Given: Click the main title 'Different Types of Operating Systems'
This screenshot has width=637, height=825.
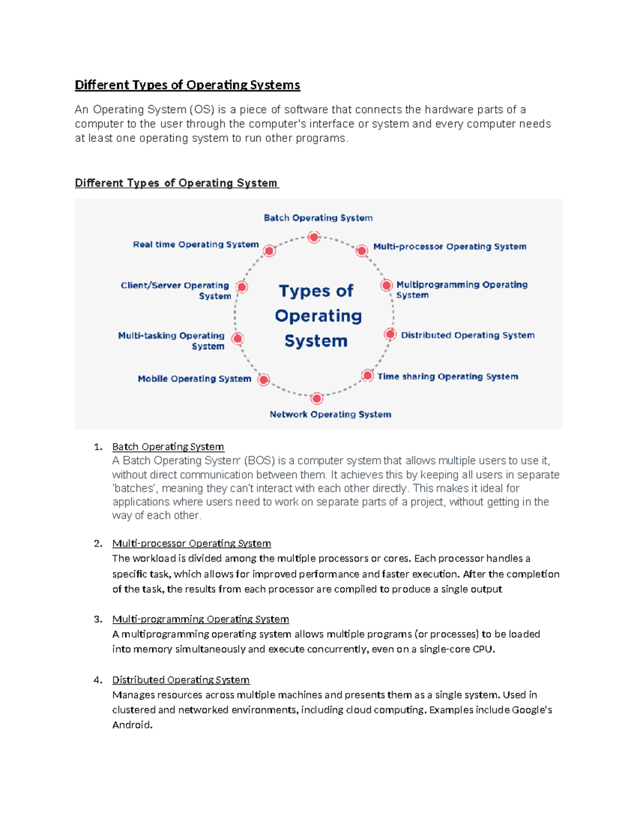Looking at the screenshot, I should click(187, 85).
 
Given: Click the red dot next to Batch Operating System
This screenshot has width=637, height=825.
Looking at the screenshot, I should click(314, 237).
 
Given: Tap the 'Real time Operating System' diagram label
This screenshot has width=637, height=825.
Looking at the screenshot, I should click(195, 244).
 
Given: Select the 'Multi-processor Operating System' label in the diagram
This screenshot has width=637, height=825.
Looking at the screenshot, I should click(450, 246).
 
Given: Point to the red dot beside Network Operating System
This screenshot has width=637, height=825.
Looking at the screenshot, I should click(317, 398).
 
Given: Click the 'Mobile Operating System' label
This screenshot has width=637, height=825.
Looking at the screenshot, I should click(194, 379).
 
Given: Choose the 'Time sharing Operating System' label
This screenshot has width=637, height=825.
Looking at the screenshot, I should click(447, 377).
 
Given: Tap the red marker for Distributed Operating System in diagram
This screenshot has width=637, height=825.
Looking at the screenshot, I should click(390, 334).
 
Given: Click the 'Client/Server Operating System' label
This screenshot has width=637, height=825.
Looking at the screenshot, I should click(176, 291).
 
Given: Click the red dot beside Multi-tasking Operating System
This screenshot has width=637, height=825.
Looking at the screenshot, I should click(238, 338).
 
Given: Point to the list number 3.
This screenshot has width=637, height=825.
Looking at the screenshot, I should click(98, 619).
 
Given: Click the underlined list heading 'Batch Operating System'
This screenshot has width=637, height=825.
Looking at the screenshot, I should click(168, 447).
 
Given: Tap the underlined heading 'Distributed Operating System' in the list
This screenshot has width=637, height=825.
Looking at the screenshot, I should click(180, 680).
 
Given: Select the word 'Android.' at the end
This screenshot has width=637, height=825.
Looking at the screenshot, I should click(132, 725).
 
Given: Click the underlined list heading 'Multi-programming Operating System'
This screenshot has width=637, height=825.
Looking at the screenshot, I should click(200, 619).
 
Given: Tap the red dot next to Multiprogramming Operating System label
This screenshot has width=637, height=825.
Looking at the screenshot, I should click(386, 285).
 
